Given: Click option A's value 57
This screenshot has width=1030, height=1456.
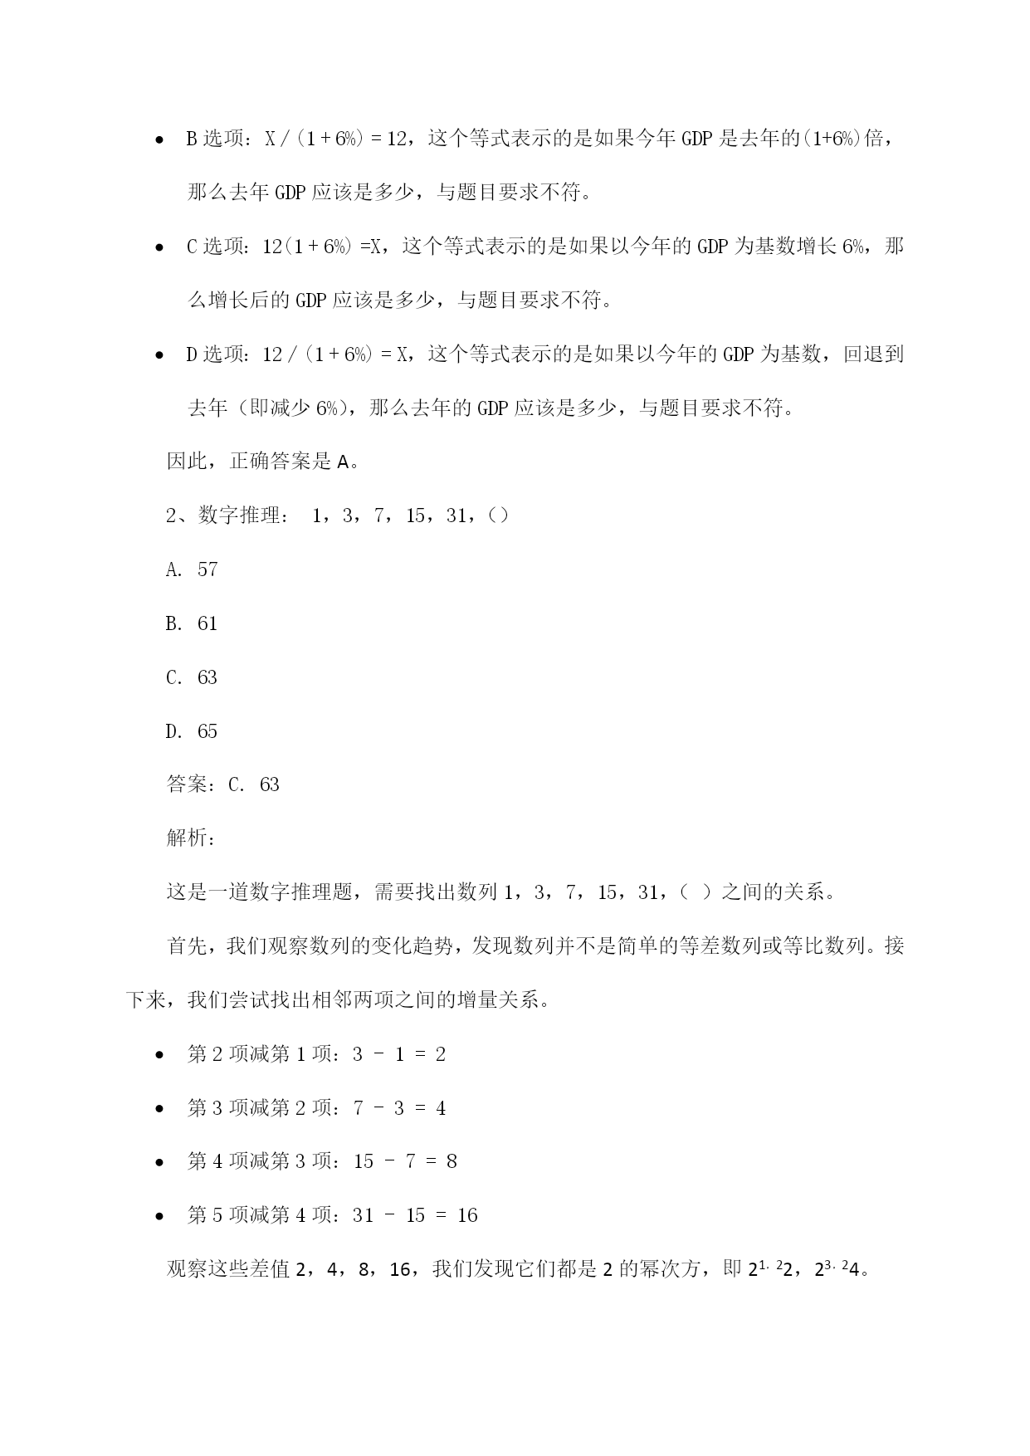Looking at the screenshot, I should tap(207, 569).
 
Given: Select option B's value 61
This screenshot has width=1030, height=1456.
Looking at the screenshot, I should tap(207, 623).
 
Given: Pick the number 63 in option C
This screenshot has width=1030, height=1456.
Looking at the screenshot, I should tap(207, 677).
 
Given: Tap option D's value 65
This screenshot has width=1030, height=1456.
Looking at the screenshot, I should tap(207, 731).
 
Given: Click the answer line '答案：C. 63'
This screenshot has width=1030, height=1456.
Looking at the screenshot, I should tap(222, 784).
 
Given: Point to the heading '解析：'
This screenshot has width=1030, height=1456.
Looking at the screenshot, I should tap(192, 838).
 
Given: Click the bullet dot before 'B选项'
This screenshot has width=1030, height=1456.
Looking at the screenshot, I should tap(159, 141).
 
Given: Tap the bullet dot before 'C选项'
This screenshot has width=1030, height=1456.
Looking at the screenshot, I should tap(159, 248).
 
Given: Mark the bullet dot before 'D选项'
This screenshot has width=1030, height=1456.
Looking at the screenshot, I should tap(159, 356).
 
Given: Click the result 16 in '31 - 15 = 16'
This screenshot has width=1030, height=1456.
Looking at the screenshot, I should tap(467, 1215).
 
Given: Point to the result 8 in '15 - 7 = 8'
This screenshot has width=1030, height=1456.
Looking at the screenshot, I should tap(452, 1161).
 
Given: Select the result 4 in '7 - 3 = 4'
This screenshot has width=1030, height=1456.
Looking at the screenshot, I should tap(441, 1108).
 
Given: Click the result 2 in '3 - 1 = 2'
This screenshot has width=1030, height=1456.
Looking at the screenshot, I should tap(441, 1054).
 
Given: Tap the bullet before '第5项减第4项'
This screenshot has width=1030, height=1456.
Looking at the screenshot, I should tap(159, 1217).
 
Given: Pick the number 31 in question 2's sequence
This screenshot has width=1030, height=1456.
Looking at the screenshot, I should tap(456, 515).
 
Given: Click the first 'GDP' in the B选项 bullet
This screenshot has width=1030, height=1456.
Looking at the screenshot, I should tap(697, 139).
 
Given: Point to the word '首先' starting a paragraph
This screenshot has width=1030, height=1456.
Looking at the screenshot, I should tap(188, 946).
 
